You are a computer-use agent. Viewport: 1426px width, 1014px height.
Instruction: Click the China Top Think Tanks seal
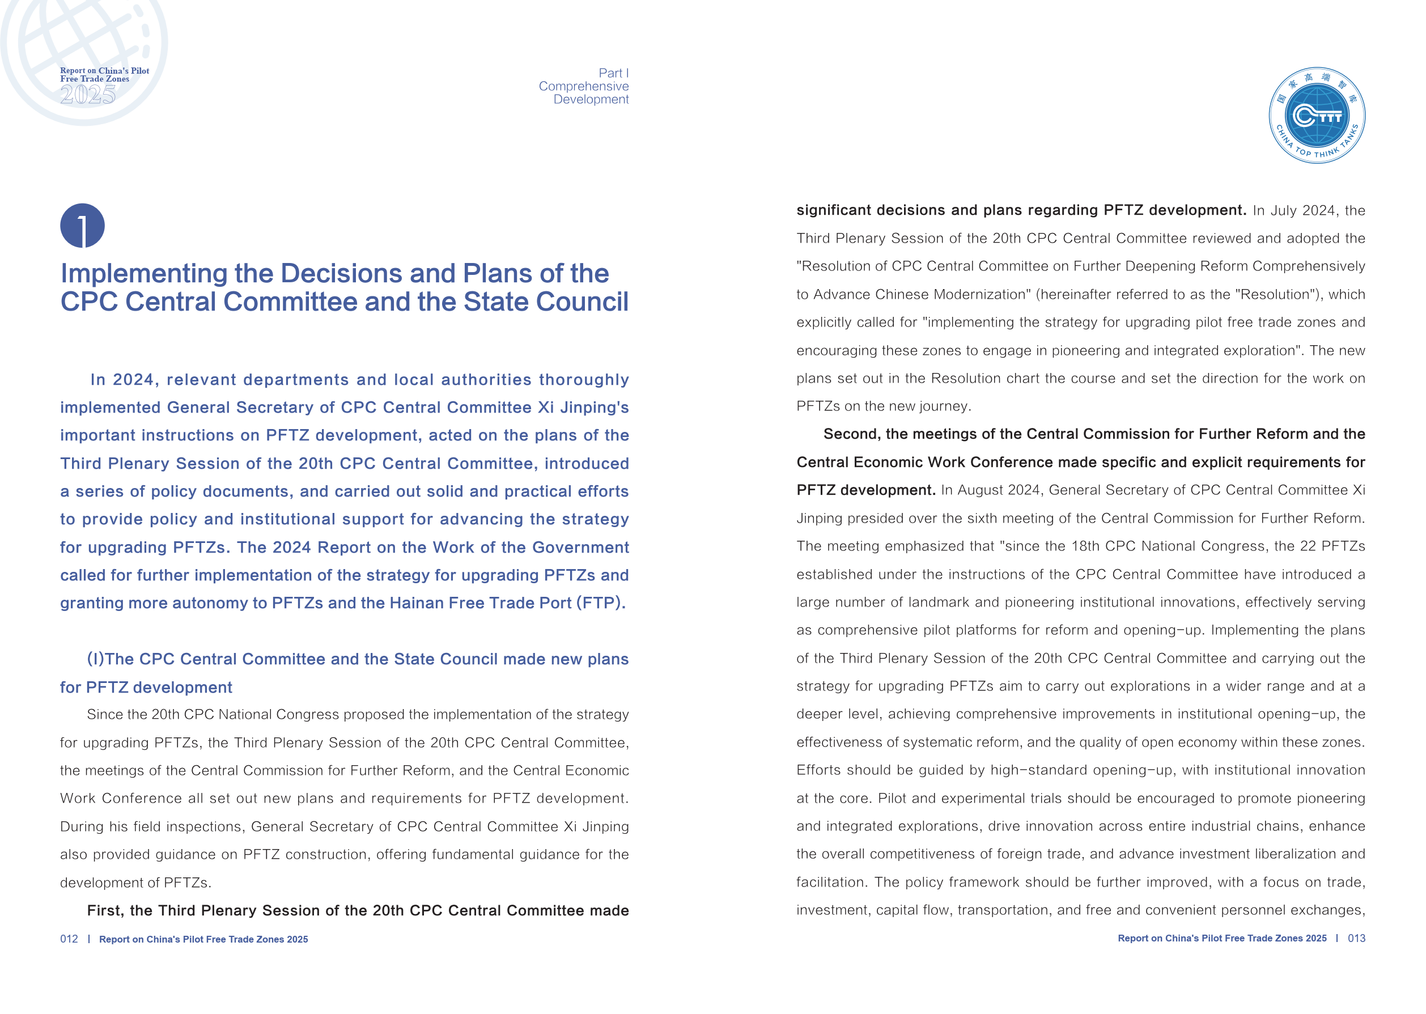pyautogui.click(x=1316, y=116)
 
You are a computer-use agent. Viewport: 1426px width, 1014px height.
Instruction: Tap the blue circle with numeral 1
pyautogui.click(x=82, y=226)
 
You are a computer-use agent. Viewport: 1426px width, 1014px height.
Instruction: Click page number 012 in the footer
pyautogui.click(x=69, y=939)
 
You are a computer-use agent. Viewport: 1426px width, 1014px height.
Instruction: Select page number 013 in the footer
pyautogui.click(x=1356, y=938)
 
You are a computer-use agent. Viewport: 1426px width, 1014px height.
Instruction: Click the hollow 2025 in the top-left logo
pyautogui.click(x=87, y=94)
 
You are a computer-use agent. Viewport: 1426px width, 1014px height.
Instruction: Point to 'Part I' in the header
pyautogui.click(x=613, y=73)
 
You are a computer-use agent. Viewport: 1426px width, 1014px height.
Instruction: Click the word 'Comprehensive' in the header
pyautogui.click(x=583, y=86)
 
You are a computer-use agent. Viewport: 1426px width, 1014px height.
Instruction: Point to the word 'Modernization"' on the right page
pyautogui.click(x=982, y=295)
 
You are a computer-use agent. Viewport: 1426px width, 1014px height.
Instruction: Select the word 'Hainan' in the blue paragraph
pyautogui.click(x=412, y=603)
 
